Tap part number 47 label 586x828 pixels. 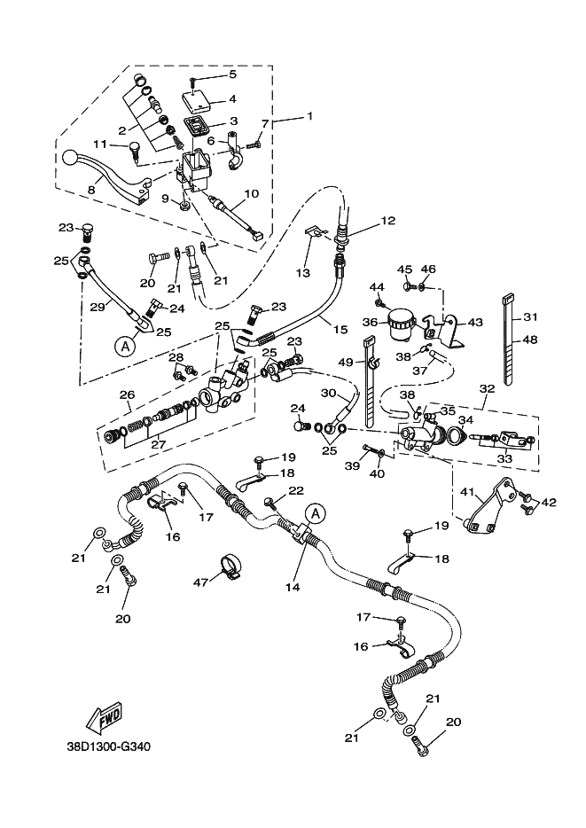[200, 582]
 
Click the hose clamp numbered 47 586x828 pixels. [231, 566]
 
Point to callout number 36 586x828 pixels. [371, 322]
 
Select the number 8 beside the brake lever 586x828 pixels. [90, 188]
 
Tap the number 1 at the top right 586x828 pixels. [310, 116]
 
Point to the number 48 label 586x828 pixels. [531, 340]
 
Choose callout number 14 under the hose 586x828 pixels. [293, 587]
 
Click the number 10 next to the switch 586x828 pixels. [251, 193]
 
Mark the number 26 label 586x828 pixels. [128, 395]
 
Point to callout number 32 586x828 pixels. [487, 387]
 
